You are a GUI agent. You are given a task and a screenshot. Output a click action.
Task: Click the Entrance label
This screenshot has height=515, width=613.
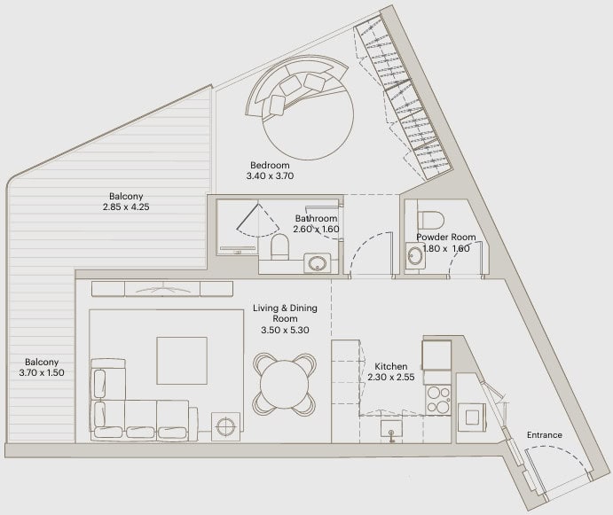coord(544,435)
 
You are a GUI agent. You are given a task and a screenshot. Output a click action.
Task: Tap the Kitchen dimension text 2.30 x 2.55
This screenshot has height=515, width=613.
coord(391,377)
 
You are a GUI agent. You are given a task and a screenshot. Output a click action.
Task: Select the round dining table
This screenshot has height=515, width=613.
coord(284,384)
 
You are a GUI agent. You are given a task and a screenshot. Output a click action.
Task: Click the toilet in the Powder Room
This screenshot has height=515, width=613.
coord(431,221)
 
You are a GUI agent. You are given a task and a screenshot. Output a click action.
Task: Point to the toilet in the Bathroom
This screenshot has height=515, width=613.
coord(279,247)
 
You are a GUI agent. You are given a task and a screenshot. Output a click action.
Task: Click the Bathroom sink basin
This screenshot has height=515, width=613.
coord(317,263)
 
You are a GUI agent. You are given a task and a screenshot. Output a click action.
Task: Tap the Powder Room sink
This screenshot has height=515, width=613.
coord(414,256)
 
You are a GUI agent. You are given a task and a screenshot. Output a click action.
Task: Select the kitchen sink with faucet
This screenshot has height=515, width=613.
coord(391,430)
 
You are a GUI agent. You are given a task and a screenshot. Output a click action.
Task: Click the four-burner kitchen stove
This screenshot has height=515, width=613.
coord(438,400)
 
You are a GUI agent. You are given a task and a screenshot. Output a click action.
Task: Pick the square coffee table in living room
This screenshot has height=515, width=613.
coord(182,361)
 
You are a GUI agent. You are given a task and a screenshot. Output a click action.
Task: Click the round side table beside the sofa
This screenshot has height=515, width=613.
coord(225,425)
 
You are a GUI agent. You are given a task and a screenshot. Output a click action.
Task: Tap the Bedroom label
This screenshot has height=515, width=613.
coord(270,165)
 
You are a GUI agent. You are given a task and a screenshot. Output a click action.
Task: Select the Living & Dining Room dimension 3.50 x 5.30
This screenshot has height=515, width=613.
coord(285,330)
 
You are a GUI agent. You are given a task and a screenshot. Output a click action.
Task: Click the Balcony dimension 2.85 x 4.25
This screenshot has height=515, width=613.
coord(126,207)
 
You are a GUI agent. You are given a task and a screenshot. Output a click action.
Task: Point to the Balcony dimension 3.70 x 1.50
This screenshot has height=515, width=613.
coord(42,373)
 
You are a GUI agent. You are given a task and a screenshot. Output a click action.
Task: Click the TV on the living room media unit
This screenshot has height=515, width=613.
coord(162,289)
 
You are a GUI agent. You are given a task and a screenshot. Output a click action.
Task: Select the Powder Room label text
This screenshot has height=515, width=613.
coord(445,238)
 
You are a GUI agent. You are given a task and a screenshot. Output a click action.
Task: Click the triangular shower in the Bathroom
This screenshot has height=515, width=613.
coord(257,221)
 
